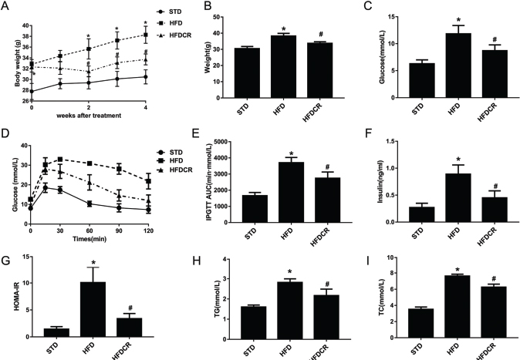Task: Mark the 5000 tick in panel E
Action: tap(223, 142)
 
